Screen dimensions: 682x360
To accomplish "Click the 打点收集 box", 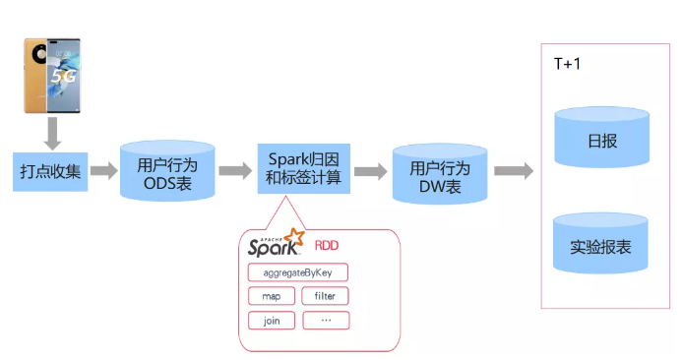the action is pos(50,172).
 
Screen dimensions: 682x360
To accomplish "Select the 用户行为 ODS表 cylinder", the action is pos(167,170).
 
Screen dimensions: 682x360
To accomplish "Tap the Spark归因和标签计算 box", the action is pos(303,169).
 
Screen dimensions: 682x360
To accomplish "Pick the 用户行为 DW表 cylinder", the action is pos(440,173).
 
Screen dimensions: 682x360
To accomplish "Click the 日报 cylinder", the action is pos(602,137).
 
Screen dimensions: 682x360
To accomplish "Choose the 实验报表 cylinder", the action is pos(600,243).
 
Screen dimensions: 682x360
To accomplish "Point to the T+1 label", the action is pos(567,64).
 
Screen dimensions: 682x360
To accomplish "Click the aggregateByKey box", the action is pos(298,272).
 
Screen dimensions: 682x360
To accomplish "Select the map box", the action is pos(272,296).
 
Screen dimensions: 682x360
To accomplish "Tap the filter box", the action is pos(326,296).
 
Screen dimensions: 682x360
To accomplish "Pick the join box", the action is pos(272,321).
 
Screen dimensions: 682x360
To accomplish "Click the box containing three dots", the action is pos(326,321).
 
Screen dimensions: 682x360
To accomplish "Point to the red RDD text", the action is pos(327,246).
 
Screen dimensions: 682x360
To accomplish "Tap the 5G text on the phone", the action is pos(64,77).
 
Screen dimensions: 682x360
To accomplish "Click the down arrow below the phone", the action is pos(52,134).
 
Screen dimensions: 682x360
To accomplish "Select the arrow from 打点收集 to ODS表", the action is pos(104,170).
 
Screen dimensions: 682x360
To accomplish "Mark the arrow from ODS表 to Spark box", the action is pos(235,170).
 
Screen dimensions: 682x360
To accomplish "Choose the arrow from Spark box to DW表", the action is pos(371,171).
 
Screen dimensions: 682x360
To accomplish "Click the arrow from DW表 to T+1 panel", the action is pos(514,170).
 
